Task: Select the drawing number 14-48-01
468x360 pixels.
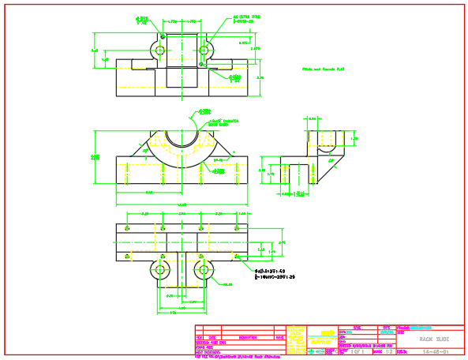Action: click(436, 351)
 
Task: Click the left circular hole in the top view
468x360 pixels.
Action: click(160, 50)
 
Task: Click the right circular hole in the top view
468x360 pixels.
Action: click(204, 50)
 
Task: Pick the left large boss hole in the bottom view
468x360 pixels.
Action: click(160, 270)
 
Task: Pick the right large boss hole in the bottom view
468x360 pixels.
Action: click(204, 270)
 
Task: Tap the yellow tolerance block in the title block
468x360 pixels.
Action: click(296, 341)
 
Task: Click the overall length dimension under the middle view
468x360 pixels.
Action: click(181, 206)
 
